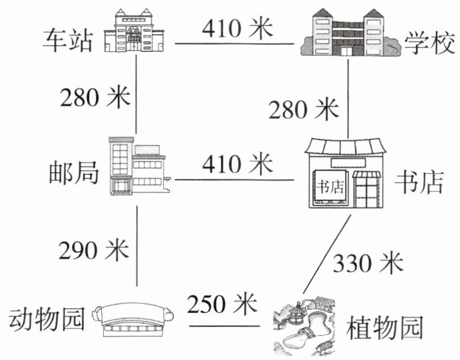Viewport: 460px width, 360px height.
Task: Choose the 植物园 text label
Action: click(x=385, y=326)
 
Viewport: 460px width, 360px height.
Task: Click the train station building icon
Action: click(x=137, y=32)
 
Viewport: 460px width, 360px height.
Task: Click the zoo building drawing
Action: click(x=136, y=322)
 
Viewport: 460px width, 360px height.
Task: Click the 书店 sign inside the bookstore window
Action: click(x=330, y=187)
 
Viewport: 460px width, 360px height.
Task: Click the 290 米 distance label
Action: click(x=93, y=250)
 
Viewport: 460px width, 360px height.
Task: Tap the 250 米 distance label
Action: click(x=222, y=305)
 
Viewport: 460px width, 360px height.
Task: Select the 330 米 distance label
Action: click(x=368, y=262)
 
